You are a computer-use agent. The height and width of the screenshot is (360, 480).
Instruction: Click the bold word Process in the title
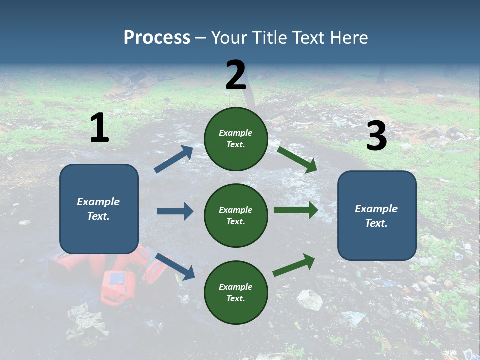[x=157, y=38]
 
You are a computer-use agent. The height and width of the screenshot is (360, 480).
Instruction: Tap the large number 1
[x=99, y=128]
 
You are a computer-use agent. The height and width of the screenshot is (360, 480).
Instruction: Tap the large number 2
[x=236, y=75]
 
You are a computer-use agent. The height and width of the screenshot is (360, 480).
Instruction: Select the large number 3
[x=376, y=136]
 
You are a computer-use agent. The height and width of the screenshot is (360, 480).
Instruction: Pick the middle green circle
[x=236, y=215]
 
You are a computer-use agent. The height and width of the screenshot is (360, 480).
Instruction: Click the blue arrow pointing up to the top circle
[x=174, y=159]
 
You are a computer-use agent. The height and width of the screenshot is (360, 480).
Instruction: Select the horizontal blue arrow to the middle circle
[x=175, y=211]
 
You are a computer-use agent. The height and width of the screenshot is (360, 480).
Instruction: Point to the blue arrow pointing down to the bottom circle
[x=175, y=266]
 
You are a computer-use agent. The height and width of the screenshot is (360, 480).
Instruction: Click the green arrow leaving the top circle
[x=297, y=159]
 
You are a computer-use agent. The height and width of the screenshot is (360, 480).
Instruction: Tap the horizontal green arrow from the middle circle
[x=295, y=210]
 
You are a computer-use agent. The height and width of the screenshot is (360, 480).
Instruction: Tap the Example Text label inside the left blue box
[x=99, y=209]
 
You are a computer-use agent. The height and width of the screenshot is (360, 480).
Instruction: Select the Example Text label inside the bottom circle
[x=236, y=292]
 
